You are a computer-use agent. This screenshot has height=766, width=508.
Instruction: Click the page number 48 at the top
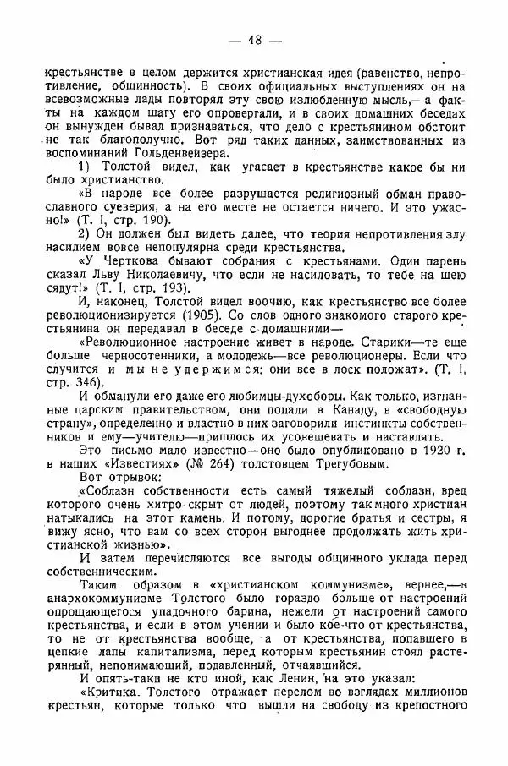(x=254, y=40)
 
